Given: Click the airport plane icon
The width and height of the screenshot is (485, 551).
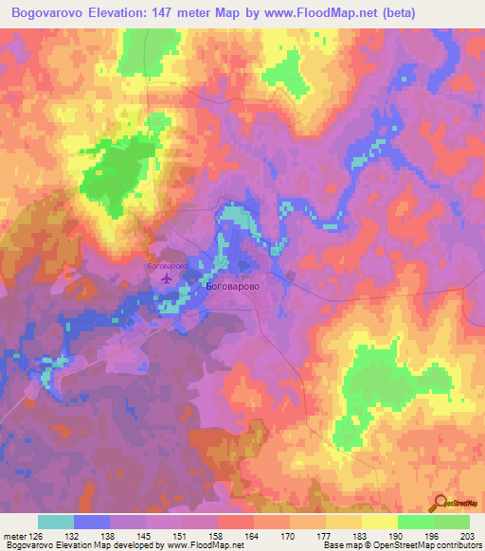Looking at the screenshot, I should click(x=168, y=279).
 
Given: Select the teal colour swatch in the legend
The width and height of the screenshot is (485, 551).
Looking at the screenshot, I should click(x=55, y=522).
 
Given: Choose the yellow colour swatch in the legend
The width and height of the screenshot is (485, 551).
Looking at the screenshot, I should click(x=379, y=522).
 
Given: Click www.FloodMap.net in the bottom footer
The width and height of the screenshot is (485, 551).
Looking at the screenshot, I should click(x=201, y=545).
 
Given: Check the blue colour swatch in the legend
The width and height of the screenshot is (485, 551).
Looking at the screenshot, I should click(x=91, y=522).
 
